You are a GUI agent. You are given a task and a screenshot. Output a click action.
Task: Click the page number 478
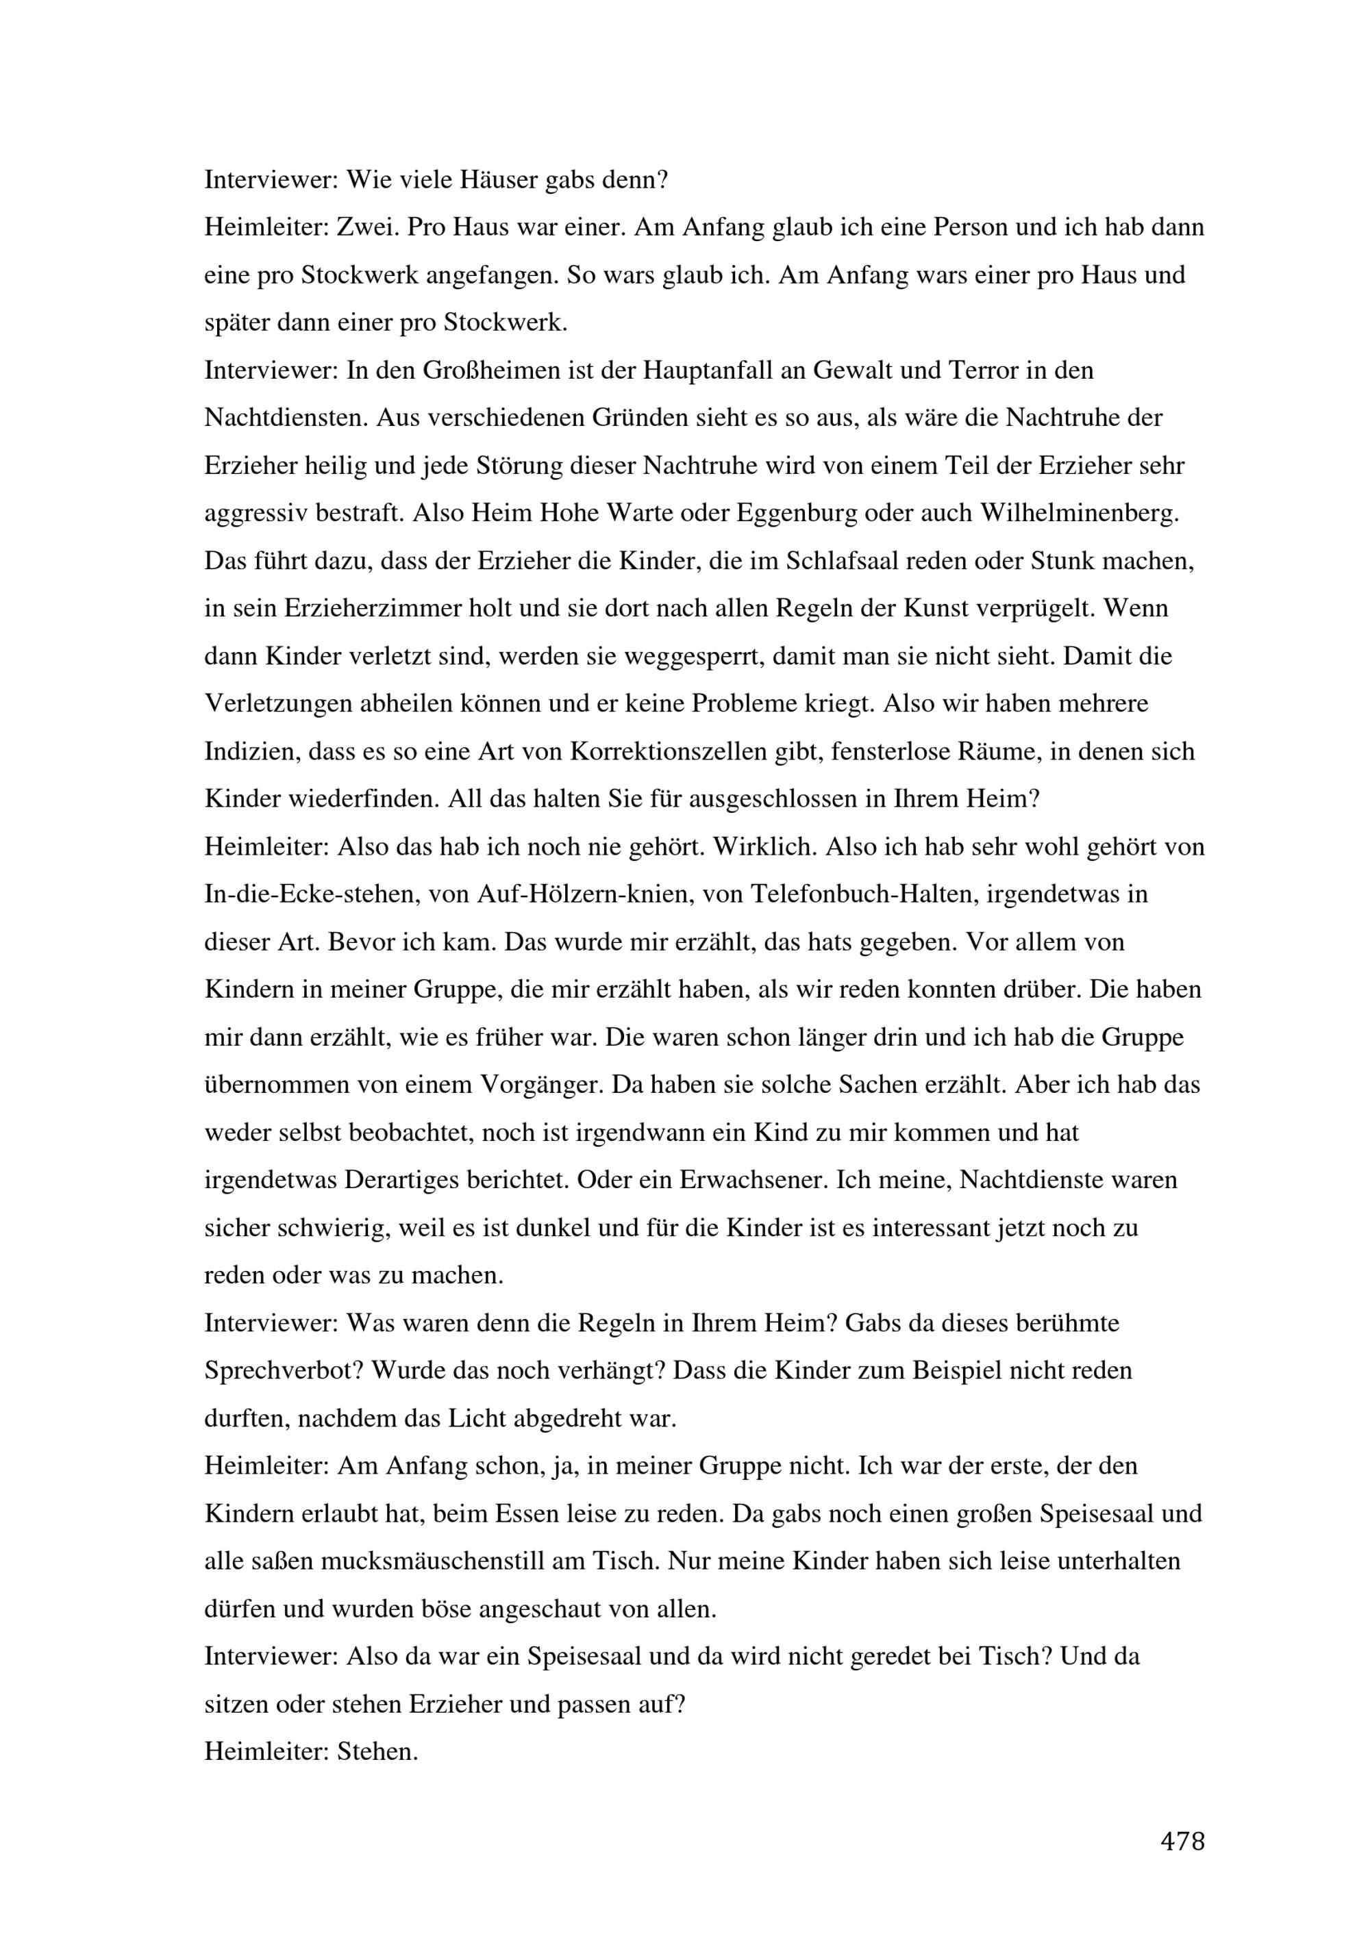(1182, 1841)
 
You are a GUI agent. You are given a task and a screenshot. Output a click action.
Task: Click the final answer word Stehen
(377, 1752)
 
